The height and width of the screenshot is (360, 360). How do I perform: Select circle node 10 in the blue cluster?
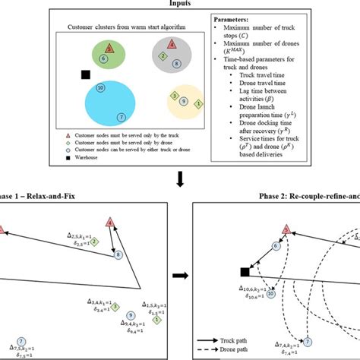click(101, 89)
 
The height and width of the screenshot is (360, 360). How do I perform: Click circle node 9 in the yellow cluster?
click(185, 100)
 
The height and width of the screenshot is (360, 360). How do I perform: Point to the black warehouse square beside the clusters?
click(85, 74)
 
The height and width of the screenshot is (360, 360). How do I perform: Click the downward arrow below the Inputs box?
click(179, 180)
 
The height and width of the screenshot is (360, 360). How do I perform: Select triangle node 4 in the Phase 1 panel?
click(112, 223)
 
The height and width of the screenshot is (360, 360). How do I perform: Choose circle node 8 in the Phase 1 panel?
click(118, 254)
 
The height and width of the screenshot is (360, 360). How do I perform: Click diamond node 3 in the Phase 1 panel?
click(115, 305)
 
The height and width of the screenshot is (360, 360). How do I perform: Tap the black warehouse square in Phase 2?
click(245, 271)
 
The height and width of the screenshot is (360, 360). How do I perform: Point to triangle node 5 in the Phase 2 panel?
click(286, 229)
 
